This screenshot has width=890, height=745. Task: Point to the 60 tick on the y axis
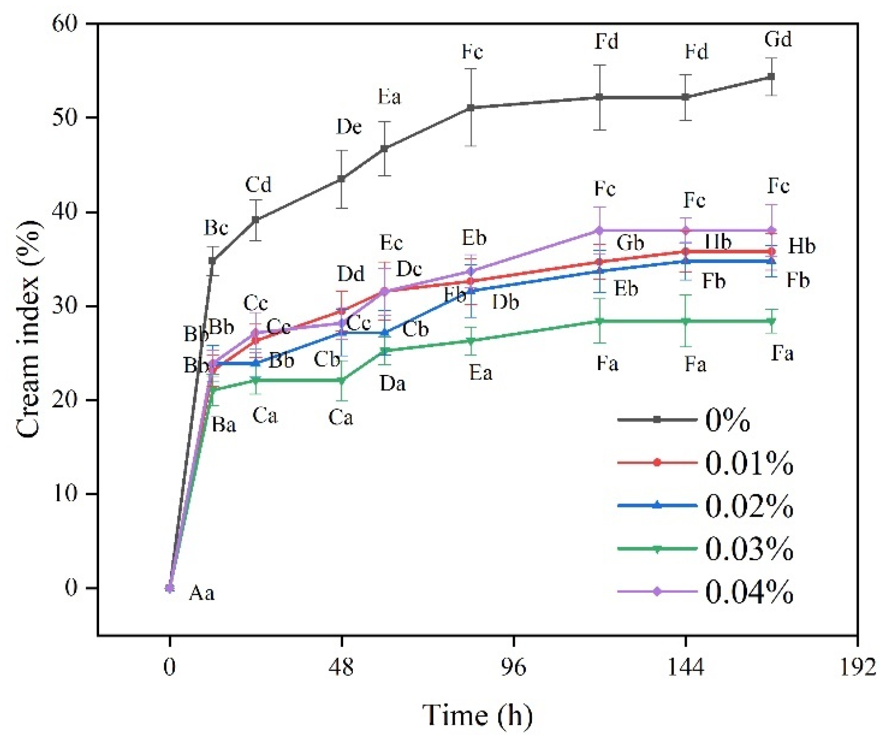click(x=64, y=23)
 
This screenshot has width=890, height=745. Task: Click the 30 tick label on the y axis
click(x=64, y=306)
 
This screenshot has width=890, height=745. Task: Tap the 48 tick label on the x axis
click(x=341, y=667)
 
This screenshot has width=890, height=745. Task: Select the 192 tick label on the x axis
click(x=857, y=667)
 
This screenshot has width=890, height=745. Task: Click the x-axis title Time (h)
click(x=477, y=715)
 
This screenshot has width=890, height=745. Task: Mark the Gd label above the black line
click(x=778, y=39)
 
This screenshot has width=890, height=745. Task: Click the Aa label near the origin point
click(x=201, y=593)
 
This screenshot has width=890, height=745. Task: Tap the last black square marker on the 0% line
click(x=771, y=77)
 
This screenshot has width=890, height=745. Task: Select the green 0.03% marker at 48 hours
click(x=342, y=380)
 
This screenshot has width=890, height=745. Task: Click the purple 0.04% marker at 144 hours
click(x=686, y=231)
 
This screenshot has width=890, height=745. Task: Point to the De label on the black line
click(x=349, y=127)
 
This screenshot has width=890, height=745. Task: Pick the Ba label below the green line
click(x=223, y=425)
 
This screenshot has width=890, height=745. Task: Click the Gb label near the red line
click(x=630, y=243)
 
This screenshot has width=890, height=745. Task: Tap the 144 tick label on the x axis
click(x=685, y=667)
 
